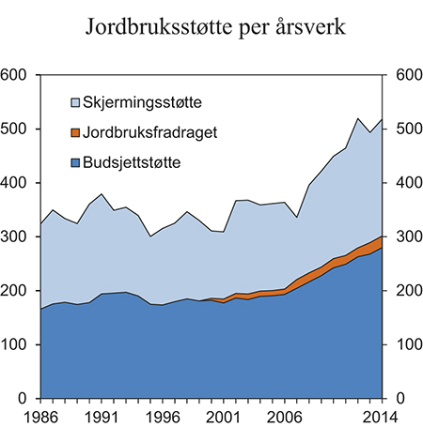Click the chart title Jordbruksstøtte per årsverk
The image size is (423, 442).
click(211, 25)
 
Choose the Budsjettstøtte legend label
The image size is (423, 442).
click(137, 163)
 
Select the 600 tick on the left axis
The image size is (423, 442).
click(16, 75)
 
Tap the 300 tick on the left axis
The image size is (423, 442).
click(16, 237)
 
